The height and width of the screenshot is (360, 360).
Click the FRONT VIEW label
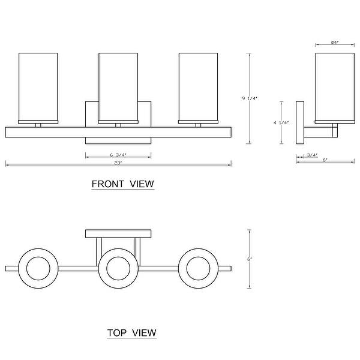coord(122,184)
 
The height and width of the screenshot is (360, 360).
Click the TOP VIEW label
coord(131,332)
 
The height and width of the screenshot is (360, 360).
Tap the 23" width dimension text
coord(118,163)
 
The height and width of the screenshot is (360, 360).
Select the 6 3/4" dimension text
coord(118,155)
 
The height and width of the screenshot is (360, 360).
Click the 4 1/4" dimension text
coord(281,122)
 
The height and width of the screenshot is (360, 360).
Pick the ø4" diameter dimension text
coord(336,42)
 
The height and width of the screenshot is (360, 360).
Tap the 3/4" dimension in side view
coord(312,155)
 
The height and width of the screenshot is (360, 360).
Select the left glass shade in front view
coord(38,87)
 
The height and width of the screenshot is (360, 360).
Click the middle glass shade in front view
coord(118,87)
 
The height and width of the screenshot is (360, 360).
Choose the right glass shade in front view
coord(198,87)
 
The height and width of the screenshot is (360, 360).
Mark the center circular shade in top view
coord(118,266)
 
